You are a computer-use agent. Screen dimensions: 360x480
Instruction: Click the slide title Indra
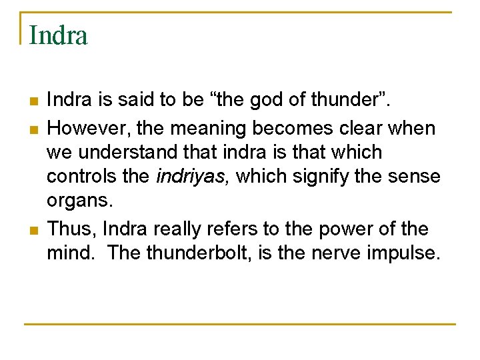click(59, 35)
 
